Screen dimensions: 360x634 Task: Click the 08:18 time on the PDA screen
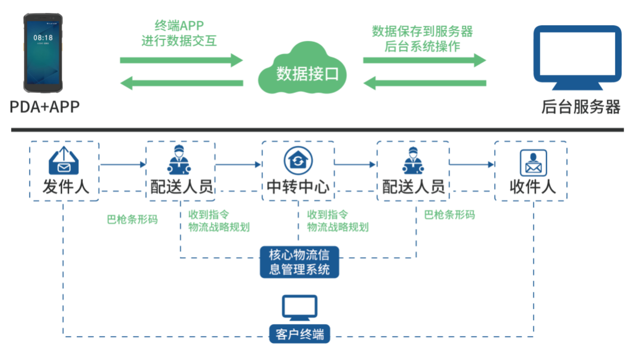tap(43, 38)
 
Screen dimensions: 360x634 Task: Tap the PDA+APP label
tap(44, 107)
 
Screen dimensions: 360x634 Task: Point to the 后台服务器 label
tap(581, 107)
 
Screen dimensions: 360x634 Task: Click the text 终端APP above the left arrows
tap(178, 26)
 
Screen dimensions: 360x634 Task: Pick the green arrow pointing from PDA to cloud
tap(181, 60)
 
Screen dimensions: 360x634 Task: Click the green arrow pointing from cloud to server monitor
tap(424, 60)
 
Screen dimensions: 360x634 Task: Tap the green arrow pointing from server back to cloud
tap(424, 83)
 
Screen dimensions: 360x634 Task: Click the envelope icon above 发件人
tap(63, 160)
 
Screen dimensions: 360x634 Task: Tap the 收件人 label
tap(531, 187)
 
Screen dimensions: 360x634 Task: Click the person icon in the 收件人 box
tap(533, 162)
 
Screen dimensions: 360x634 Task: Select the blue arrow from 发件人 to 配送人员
tap(122, 165)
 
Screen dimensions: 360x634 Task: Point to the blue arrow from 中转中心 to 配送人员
tap(355, 165)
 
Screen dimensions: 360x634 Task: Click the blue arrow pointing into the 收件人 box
tap(471, 165)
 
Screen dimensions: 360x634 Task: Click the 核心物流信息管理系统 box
tap(299, 263)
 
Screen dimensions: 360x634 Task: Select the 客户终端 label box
tap(299, 335)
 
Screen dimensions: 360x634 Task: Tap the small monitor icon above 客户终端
tap(299, 307)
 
